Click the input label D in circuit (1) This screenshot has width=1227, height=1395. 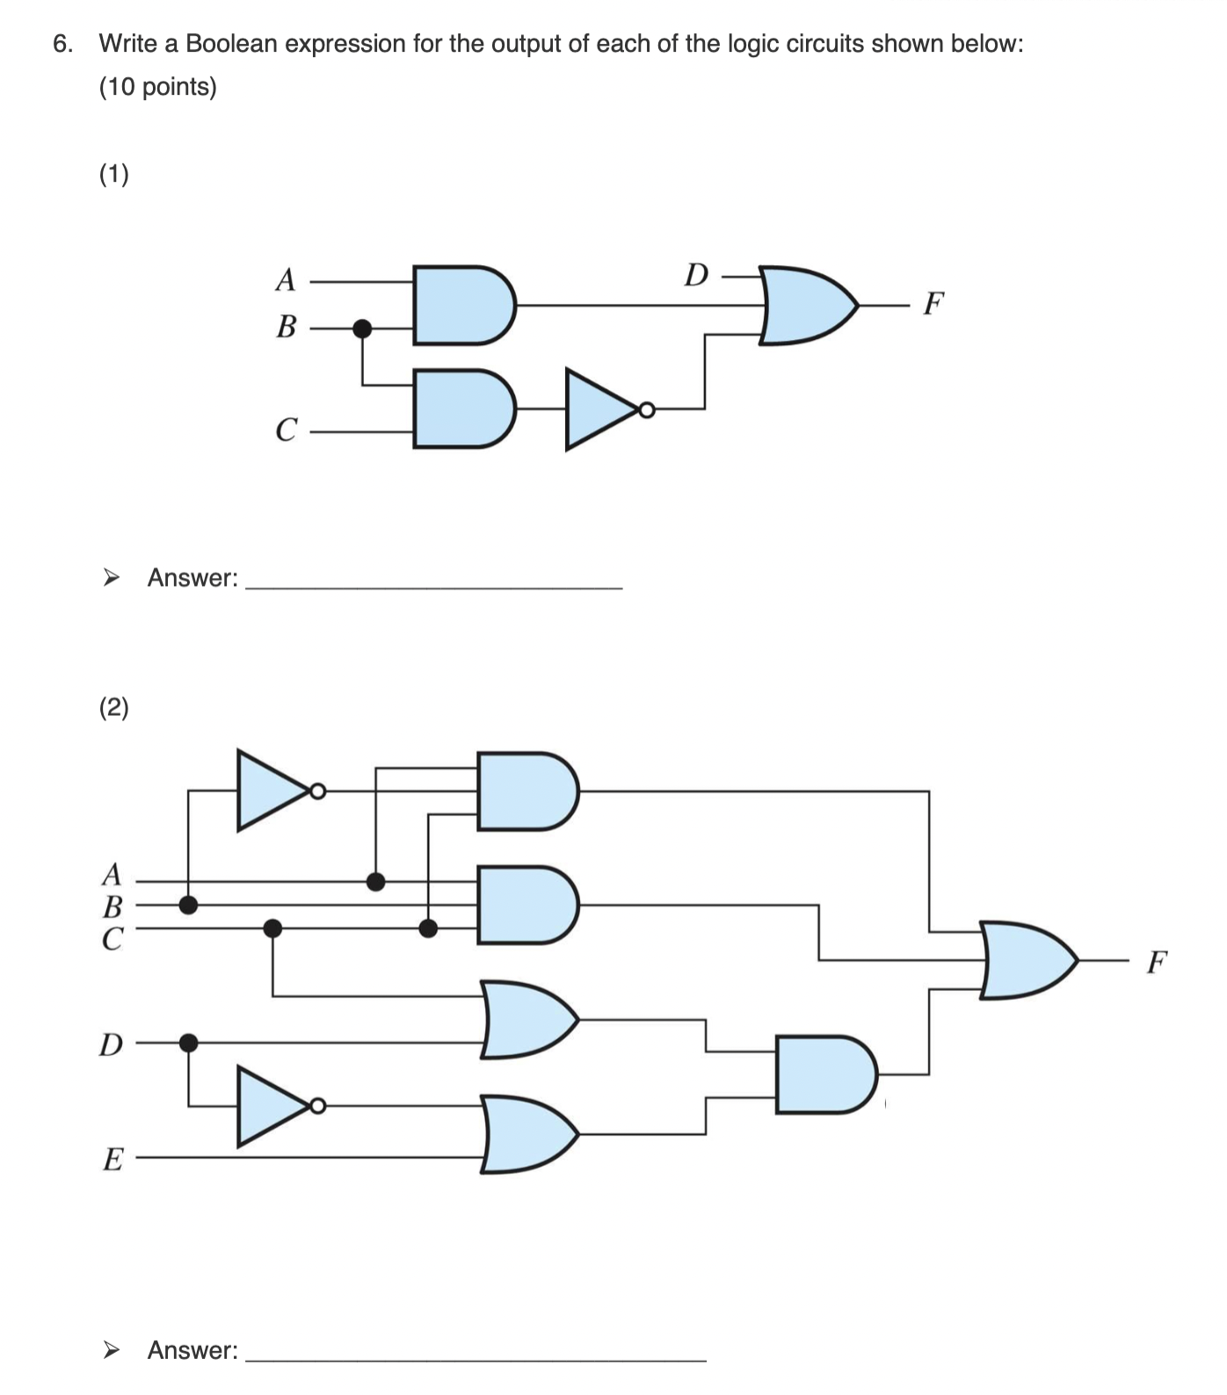696,275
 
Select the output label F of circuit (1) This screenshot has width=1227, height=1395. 933,304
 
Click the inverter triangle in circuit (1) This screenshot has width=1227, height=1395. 602,409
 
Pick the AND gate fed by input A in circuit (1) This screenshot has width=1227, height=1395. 462,305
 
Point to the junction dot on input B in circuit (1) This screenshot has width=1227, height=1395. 361,329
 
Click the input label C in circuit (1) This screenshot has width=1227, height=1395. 286,430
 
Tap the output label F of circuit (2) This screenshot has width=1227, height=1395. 1157,962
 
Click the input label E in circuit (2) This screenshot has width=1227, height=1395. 113,1160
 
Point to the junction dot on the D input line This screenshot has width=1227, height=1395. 188,1043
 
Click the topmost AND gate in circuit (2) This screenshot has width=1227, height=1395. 526,791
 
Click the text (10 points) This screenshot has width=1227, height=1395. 158,87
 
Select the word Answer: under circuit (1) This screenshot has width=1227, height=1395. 192,578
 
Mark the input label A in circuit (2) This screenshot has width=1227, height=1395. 112,874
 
